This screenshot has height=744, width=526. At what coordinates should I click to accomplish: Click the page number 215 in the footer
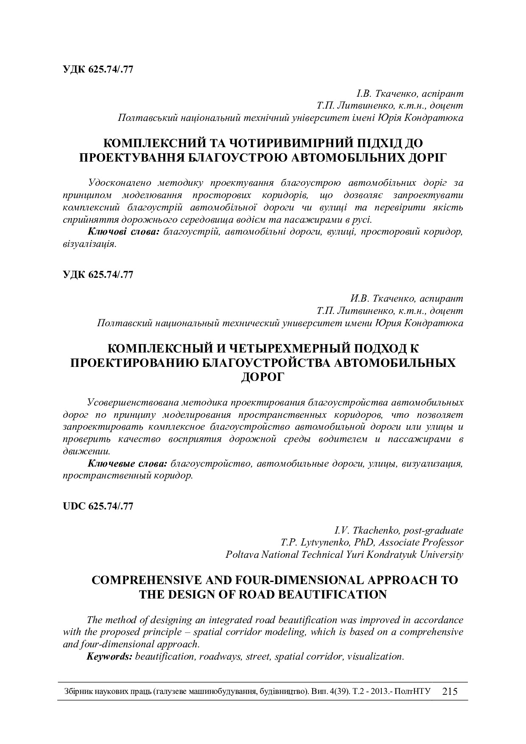pos(450,691)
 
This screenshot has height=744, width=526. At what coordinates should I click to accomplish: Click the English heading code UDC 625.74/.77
pos(98,506)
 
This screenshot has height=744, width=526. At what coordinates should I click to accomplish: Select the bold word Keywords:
pos(109,656)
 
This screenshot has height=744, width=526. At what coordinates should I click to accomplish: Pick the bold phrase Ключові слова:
pos(123,232)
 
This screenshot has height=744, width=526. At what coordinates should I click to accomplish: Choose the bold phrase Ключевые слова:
pos(127,463)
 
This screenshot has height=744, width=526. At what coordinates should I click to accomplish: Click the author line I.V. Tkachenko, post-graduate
pos(399,530)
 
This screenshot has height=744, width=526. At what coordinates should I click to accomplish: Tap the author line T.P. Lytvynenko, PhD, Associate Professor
pos(372,542)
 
